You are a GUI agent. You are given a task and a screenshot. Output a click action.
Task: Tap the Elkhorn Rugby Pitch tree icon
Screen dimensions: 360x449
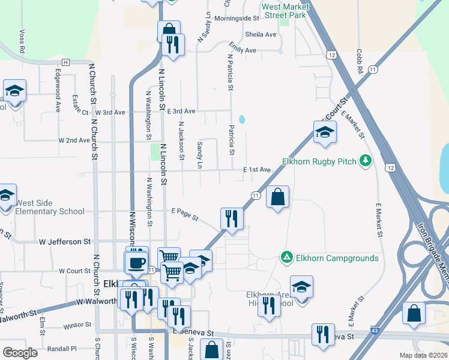coord(364,161)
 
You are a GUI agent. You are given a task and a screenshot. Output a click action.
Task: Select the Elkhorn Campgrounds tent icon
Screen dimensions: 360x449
coord(286,257)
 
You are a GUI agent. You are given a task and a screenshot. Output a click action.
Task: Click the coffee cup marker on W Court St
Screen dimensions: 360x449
coord(136,262)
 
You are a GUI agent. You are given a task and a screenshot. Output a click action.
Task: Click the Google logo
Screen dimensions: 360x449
coord(20,352)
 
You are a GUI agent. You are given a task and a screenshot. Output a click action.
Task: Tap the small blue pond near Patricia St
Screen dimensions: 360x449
coord(242,119)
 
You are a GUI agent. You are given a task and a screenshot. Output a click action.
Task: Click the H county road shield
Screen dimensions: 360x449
coord(65,62)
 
